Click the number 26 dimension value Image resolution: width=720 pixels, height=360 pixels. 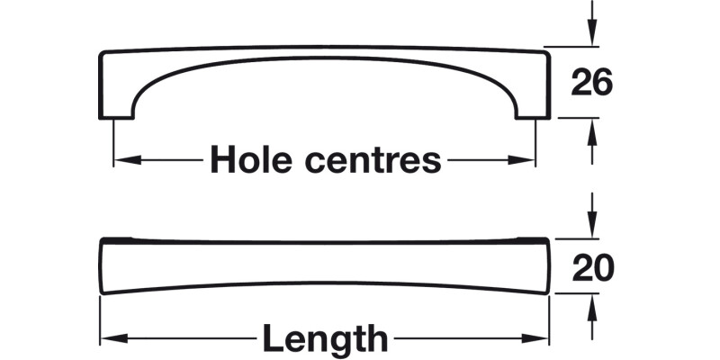tap(592, 83)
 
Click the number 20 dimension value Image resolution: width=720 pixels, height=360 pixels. tap(592, 267)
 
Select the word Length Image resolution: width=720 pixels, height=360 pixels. tap(325, 339)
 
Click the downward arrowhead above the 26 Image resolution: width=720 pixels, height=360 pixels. tap(592, 36)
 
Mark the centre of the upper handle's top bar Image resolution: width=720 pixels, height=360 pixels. tap(324, 51)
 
